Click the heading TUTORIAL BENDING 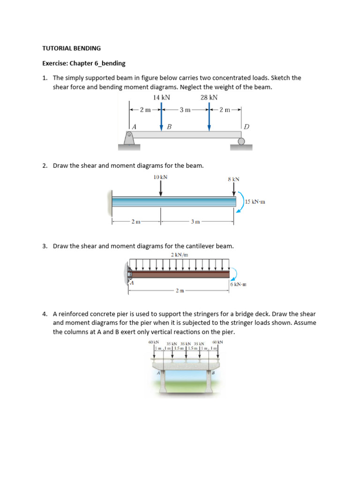pyautogui.click(x=72, y=48)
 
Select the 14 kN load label pyautogui.click(x=161, y=97)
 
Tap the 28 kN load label pyautogui.click(x=209, y=97)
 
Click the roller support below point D pyautogui.click(x=241, y=141)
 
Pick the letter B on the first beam pyautogui.click(x=169, y=127)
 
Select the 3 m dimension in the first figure pyautogui.click(x=185, y=110)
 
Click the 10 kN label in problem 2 pyautogui.click(x=160, y=177)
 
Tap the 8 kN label pyautogui.click(x=233, y=179)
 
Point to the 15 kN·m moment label pyautogui.click(x=255, y=202)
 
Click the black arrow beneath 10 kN pyautogui.click(x=161, y=188)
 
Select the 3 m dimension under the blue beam pyautogui.click(x=195, y=222)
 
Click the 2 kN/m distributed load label pyautogui.click(x=178, y=255)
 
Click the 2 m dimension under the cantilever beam pyautogui.click(x=179, y=291)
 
